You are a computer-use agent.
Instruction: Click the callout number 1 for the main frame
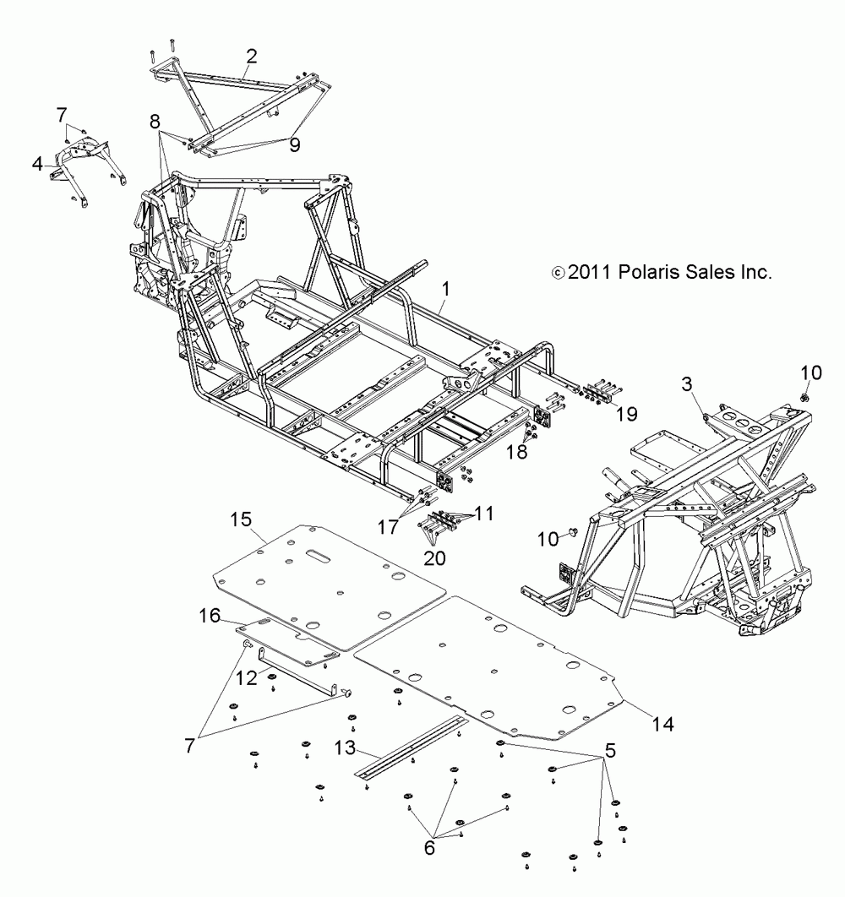coord(446,290)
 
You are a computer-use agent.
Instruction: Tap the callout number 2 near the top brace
coord(251,57)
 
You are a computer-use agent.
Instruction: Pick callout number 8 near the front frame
coord(155,122)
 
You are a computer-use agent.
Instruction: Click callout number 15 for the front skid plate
coord(242,519)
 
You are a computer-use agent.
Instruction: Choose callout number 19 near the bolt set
coord(626,414)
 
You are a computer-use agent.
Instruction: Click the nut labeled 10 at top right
coord(805,396)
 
